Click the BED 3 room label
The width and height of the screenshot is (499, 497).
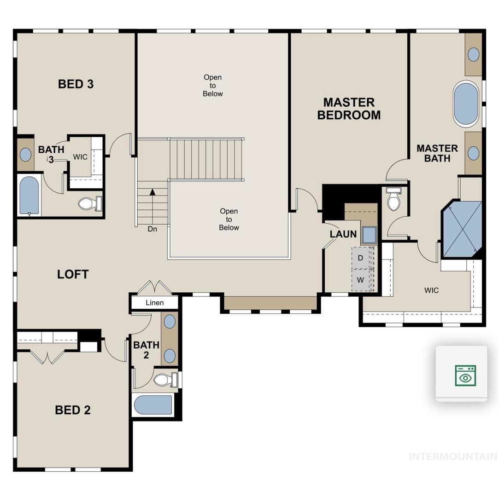(76, 84)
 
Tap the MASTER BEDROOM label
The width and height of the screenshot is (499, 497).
(349, 109)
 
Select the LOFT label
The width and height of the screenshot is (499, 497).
(72, 274)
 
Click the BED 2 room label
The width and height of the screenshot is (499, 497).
(72, 410)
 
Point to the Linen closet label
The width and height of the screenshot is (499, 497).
(155, 302)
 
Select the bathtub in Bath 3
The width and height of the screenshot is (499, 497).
(29, 196)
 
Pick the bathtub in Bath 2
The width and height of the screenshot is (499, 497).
(153, 405)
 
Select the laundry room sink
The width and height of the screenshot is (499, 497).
(369, 235)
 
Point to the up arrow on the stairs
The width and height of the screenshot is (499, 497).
(153, 191)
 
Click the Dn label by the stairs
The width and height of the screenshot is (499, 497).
(153, 229)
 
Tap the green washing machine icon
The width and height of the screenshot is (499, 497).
(465, 376)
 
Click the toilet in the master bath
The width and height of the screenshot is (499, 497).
(393, 199)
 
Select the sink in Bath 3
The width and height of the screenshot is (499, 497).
(25, 155)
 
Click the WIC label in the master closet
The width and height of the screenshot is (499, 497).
(431, 290)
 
